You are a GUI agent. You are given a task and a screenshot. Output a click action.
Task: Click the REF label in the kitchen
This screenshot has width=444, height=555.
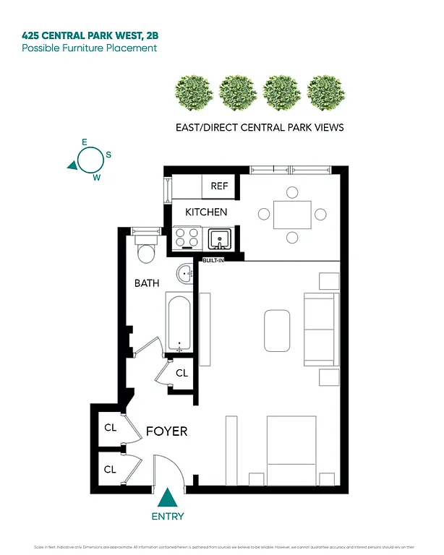coord(219,186)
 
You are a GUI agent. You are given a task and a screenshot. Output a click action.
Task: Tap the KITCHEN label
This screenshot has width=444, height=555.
coord(206,212)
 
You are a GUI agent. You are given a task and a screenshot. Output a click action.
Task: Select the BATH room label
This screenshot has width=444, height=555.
coord(147,283)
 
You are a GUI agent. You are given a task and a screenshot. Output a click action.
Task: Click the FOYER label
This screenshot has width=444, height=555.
coord(167,431)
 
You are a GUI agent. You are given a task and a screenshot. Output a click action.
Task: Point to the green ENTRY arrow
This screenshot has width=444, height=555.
coord(168,499)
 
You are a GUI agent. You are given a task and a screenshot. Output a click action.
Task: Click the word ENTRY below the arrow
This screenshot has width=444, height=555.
coord(168,516)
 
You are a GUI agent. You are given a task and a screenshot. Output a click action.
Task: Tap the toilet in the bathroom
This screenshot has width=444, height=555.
coord(147,251)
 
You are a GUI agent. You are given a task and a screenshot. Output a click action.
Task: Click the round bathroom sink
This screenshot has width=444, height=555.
coord(185,274)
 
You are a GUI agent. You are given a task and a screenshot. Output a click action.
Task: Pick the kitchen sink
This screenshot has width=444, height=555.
coord(218,238)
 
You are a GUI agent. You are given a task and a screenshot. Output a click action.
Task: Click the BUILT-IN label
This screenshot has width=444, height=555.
coord(213,260)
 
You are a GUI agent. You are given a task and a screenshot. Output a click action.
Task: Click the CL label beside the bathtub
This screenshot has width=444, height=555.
coord(182,373)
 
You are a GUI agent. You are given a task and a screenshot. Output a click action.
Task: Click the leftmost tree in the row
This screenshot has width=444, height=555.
coord(193,92)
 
